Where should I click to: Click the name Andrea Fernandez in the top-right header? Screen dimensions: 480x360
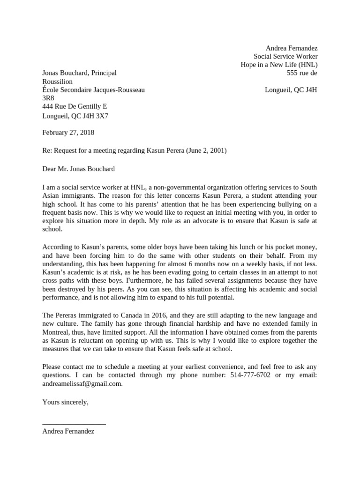[x=291, y=48]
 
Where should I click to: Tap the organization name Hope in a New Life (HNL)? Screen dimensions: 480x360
[x=279, y=65]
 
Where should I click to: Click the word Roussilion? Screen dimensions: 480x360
[x=57, y=82]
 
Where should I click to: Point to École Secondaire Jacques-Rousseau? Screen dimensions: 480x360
[x=93, y=90]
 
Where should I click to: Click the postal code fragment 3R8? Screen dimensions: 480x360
[x=48, y=98]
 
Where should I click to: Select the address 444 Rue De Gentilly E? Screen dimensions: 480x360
[x=75, y=107]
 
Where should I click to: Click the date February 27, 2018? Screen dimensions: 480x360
[x=68, y=133]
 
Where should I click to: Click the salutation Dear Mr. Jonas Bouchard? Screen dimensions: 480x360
[x=78, y=169]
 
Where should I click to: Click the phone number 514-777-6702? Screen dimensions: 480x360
[x=250, y=375]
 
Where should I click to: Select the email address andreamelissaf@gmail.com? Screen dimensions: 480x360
[x=82, y=383]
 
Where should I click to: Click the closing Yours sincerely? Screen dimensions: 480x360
[x=65, y=402]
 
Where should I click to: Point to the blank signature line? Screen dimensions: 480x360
[x=74, y=423]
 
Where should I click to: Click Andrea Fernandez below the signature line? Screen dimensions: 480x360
[x=68, y=431]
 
